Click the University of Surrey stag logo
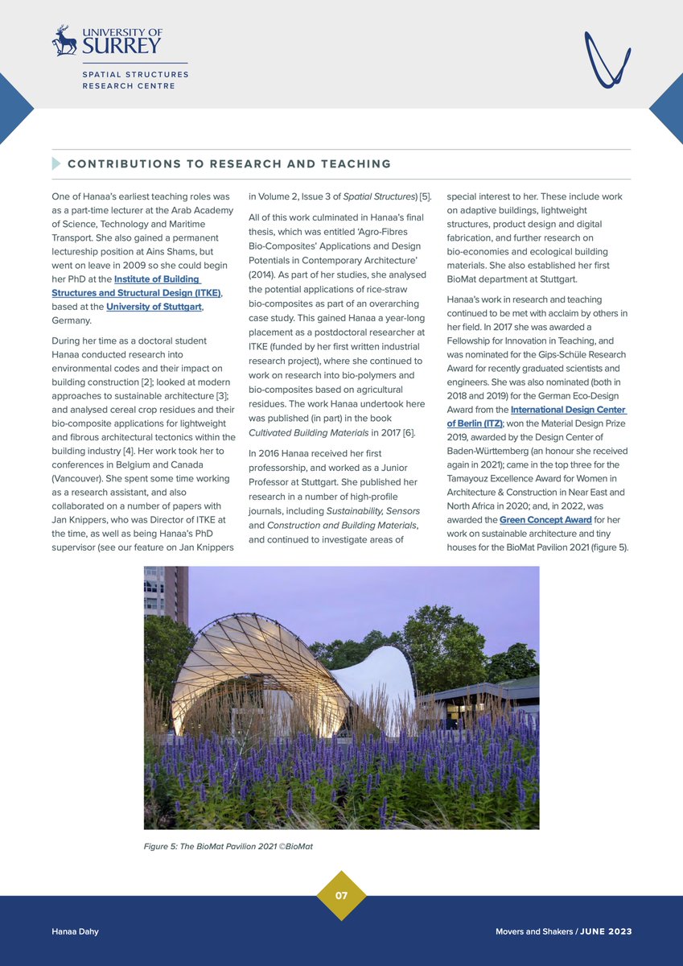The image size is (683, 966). pyautogui.click(x=64, y=40)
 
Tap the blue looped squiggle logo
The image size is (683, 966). pyautogui.click(x=607, y=60)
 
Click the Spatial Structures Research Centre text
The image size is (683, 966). pyautogui.click(x=135, y=80)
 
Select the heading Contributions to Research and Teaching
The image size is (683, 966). pyautogui.click(x=229, y=164)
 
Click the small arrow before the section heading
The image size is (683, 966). pyautogui.click(x=56, y=163)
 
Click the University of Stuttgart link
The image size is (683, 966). pyautogui.click(x=154, y=306)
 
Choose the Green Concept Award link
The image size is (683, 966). pyautogui.click(x=545, y=519)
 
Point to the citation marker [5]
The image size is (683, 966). pyautogui.click(x=426, y=197)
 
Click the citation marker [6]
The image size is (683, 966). pyautogui.click(x=409, y=432)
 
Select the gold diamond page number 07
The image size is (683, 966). pyautogui.click(x=341, y=895)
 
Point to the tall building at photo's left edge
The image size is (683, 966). pyautogui.click(x=165, y=596)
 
